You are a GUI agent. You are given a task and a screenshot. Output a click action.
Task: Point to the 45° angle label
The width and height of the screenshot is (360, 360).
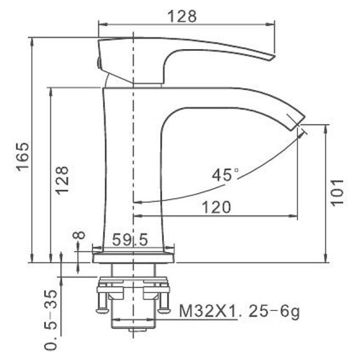click(x=225, y=176)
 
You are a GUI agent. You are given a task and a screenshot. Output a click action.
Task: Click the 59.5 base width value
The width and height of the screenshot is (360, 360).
click(x=130, y=240)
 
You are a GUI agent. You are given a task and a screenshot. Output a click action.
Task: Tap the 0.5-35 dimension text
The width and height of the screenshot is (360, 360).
click(x=53, y=319)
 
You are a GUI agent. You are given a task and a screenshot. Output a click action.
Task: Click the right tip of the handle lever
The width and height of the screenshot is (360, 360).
click(x=271, y=57)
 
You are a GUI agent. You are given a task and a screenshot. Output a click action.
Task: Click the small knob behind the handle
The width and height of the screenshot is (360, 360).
click(x=98, y=61)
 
